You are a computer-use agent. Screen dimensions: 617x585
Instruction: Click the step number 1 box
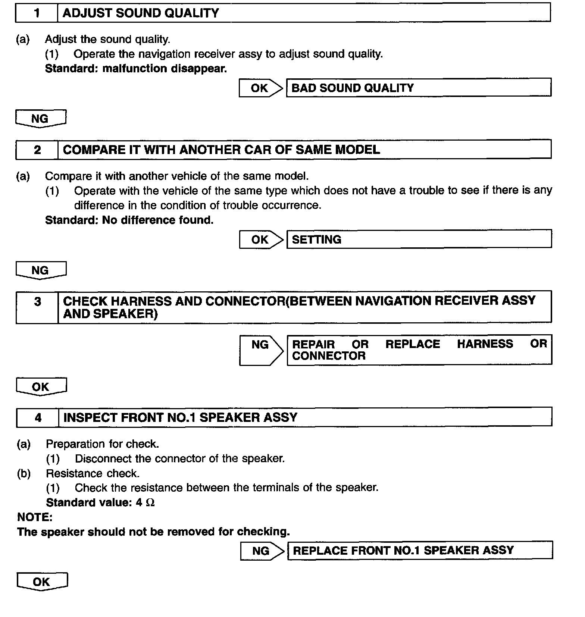[x=37, y=13]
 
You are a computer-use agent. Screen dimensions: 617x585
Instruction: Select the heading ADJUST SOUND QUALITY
[x=141, y=13]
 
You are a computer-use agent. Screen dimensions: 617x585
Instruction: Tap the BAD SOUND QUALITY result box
[x=418, y=88]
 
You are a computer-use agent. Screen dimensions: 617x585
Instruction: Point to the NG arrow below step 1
[x=40, y=119]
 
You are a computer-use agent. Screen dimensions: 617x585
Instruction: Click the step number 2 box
[x=37, y=150]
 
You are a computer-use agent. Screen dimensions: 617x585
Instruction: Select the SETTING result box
[x=419, y=239]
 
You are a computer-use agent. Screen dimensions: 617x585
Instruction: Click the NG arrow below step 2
[x=40, y=270]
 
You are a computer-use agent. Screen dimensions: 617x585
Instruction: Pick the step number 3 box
[x=37, y=307]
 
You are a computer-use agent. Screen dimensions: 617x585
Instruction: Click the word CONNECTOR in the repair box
[x=329, y=356]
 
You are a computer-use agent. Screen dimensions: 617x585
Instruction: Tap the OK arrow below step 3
[x=41, y=387]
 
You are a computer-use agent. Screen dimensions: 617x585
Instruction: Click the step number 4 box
[x=38, y=417]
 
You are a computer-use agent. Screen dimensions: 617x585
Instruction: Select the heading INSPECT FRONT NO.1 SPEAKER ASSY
[x=180, y=417]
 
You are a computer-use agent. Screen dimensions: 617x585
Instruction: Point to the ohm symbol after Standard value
[x=150, y=503]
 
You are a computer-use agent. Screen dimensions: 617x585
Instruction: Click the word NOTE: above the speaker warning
[x=35, y=517]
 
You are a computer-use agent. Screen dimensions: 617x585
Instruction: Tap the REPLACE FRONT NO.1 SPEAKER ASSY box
[x=419, y=551]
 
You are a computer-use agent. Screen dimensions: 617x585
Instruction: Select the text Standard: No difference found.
[x=129, y=220]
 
